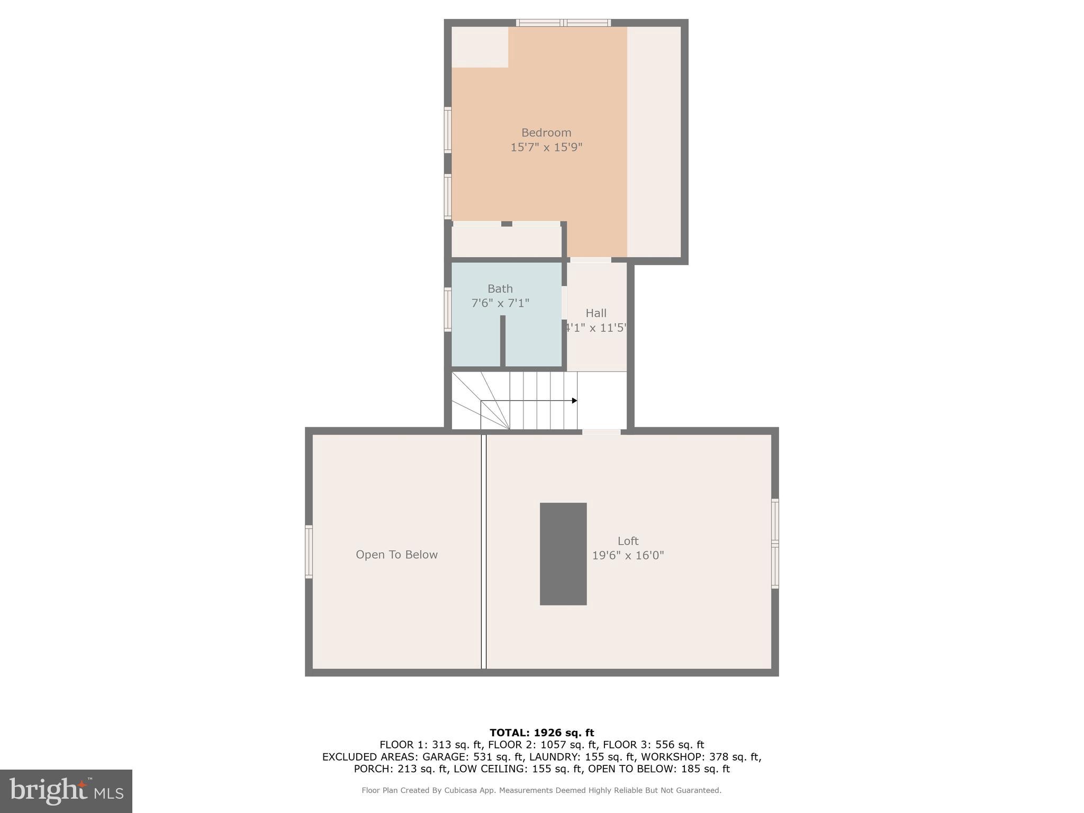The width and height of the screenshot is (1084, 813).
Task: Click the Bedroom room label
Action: click(546, 133)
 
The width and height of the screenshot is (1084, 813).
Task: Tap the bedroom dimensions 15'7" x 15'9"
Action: click(546, 147)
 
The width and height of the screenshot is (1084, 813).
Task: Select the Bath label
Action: click(500, 289)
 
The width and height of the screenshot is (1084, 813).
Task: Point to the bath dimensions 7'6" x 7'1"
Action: click(500, 303)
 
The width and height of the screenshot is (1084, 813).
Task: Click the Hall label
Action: click(596, 313)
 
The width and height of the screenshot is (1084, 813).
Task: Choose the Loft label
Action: click(628, 541)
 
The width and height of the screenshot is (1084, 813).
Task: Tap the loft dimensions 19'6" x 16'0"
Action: click(628, 556)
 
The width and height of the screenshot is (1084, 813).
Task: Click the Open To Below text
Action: click(396, 555)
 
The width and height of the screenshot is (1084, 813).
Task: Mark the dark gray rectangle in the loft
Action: click(563, 554)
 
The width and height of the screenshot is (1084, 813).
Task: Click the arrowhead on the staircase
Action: click(574, 401)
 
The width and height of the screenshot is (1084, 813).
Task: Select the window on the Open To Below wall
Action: click(309, 552)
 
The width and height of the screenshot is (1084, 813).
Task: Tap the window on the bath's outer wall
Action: click(448, 310)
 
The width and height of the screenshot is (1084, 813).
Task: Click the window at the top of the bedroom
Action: click(564, 23)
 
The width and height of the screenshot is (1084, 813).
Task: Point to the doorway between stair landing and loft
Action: click(601, 432)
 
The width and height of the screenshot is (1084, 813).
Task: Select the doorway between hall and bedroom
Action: click(590, 260)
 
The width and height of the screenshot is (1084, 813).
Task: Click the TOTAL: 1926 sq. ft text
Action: click(541, 733)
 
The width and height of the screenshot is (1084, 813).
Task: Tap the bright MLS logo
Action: click(66, 791)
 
